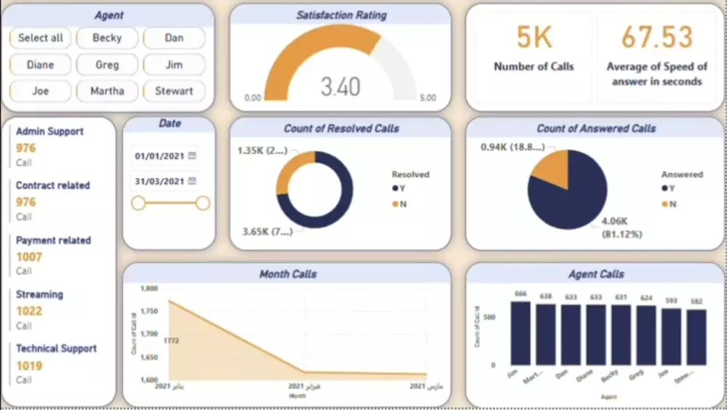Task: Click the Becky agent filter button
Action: [107, 38]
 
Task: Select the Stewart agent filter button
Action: [174, 91]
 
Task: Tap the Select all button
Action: [41, 38]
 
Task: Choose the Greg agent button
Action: [107, 65]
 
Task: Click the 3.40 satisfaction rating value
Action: [340, 87]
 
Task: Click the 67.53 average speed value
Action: [656, 37]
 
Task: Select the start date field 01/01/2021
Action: [158, 156]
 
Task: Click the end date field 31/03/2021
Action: [158, 181]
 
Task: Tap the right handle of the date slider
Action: [203, 203]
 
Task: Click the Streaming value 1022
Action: [30, 311]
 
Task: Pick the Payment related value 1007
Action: [30, 257]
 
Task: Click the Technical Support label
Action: [56, 348]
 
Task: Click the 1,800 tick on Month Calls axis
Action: [148, 289]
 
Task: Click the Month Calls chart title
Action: [288, 274]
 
